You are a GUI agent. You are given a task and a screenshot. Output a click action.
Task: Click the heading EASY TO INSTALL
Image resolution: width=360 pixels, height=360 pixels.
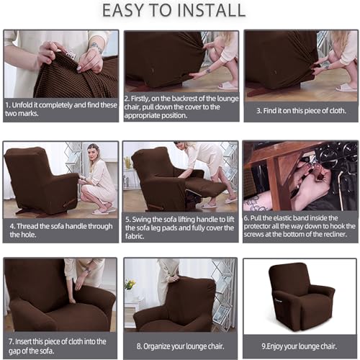click(x=179, y=11)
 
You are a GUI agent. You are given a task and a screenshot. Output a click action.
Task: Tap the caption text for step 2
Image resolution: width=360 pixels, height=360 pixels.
click(x=179, y=105)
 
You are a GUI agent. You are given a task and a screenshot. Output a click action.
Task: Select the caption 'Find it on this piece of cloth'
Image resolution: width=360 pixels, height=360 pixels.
click(x=300, y=110)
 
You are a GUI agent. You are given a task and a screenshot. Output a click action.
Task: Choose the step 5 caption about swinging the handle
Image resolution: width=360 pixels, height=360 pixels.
click(x=179, y=230)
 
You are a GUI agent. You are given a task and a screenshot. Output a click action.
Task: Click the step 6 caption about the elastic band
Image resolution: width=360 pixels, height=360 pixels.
click(x=300, y=230)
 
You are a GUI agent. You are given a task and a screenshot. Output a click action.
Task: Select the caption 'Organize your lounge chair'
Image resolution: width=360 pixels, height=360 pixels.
click(x=179, y=345)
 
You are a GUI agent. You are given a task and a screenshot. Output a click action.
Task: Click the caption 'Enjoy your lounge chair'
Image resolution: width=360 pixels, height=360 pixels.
click(x=300, y=346)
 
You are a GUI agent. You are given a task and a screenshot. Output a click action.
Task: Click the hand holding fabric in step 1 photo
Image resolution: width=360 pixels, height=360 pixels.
click(x=50, y=52)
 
